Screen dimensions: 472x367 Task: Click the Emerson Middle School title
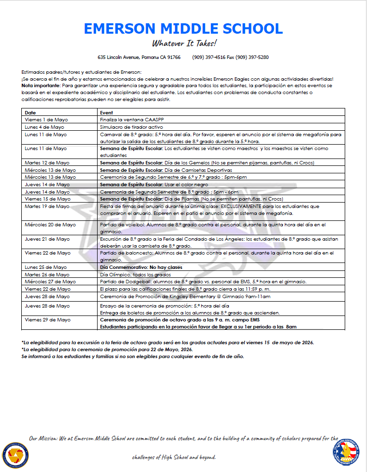(x=183, y=28)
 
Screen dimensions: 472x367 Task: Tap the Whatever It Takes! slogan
(x=184, y=43)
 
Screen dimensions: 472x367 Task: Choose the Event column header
(x=106, y=113)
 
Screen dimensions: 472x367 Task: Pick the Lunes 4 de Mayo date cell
(x=45, y=127)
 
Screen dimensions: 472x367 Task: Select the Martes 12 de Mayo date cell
(x=47, y=163)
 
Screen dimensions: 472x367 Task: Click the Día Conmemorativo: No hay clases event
(x=141, y=267)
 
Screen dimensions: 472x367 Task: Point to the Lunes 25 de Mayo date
(x=46, y=267)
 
